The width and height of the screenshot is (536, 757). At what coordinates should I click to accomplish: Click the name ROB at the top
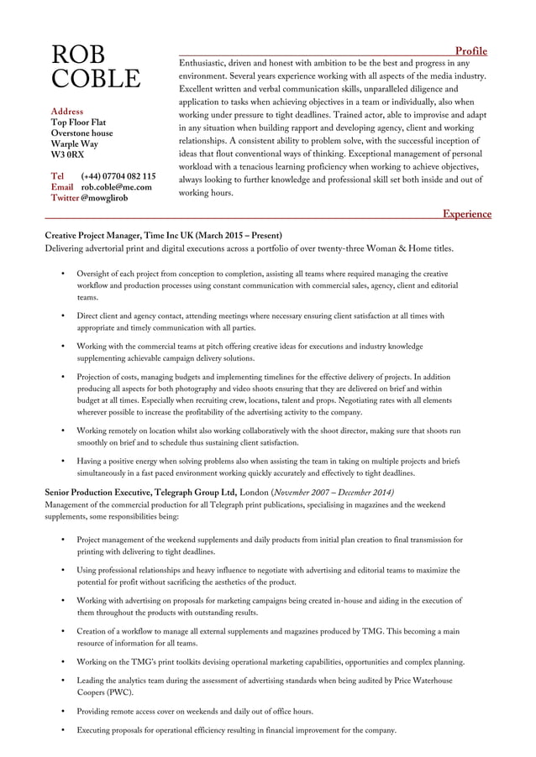(78, 55)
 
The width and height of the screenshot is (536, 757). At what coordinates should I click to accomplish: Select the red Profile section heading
(470, 50)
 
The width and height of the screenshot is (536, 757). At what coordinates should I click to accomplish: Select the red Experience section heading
(467, 214)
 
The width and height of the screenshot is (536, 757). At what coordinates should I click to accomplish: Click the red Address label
(67, 111)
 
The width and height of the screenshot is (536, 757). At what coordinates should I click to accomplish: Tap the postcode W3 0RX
(67, 155)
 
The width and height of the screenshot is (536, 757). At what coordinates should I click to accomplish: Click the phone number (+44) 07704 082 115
(118, 176)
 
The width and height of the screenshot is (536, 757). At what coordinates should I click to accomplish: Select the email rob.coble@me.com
(116, 187)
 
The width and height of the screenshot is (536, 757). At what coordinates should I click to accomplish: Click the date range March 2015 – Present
(239, 236)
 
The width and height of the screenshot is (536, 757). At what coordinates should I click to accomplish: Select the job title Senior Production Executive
(101, 492)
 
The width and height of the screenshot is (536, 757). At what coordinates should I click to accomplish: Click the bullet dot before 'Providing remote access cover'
(63, 711)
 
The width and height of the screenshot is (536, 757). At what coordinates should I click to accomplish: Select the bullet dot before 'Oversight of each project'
(63, 274)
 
